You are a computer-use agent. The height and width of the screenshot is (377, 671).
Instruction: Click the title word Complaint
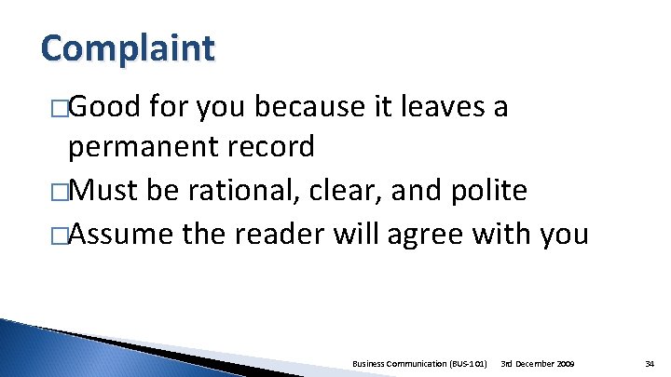[x=128, y=47]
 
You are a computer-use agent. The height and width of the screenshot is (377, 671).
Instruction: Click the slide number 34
[x=649, y=361]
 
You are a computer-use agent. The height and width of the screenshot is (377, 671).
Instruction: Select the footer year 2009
[x=566, y=361]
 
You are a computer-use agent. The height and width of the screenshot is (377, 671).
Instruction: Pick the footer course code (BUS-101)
[x=466, y=361]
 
